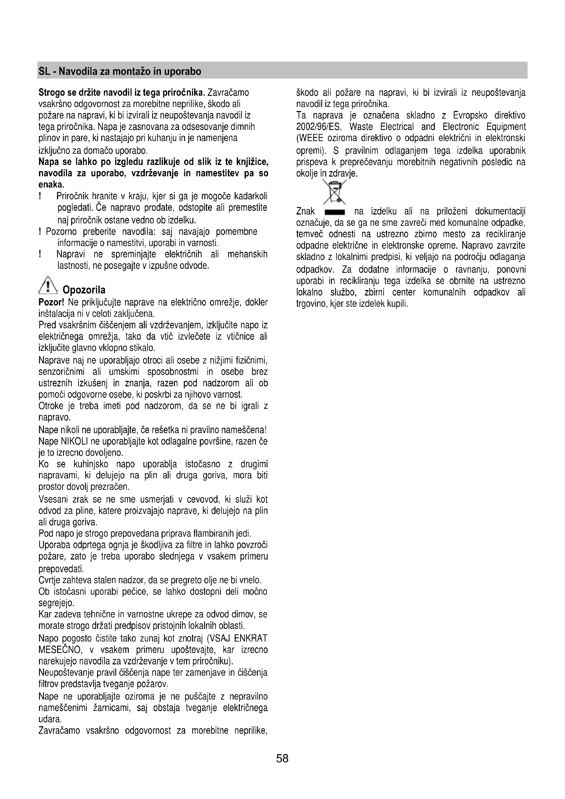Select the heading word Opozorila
84,290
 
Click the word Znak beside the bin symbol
305,211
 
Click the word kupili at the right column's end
397,304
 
